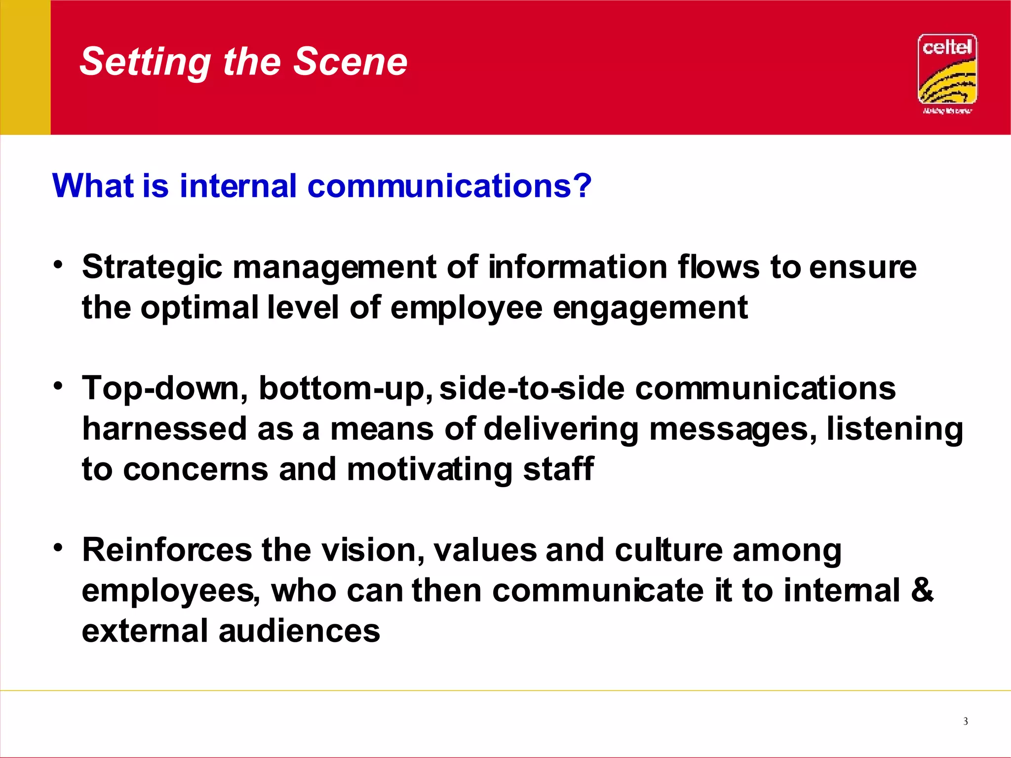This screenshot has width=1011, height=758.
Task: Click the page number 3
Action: [966, 721]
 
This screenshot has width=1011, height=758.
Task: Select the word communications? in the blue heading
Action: [449, 186]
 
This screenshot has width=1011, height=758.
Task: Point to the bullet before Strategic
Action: [59, 265]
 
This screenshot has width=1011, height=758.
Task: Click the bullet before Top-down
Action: [59, 386]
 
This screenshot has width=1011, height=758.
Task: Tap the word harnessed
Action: [164, 428]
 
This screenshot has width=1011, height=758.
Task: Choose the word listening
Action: [894, 428]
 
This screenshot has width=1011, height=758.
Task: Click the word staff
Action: [558, 469]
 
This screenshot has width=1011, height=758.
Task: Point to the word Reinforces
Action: [167, 550]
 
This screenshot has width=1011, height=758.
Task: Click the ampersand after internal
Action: [922, 590]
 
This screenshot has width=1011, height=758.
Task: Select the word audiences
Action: [299, 631]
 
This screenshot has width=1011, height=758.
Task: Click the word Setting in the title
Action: [145, 62]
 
